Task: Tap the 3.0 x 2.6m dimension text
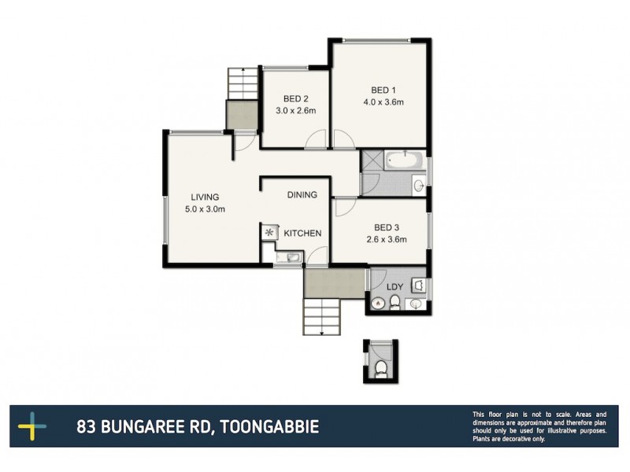(295, 111)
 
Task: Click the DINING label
(302, 195)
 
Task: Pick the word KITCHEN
(302, 233)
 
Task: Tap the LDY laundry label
(395, 287)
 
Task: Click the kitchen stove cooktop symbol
(271, 232)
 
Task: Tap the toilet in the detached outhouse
(381, 368)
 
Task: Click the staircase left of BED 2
(243, 84)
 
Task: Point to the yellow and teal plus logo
(32, 426)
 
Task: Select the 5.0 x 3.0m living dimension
(205, 209)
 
